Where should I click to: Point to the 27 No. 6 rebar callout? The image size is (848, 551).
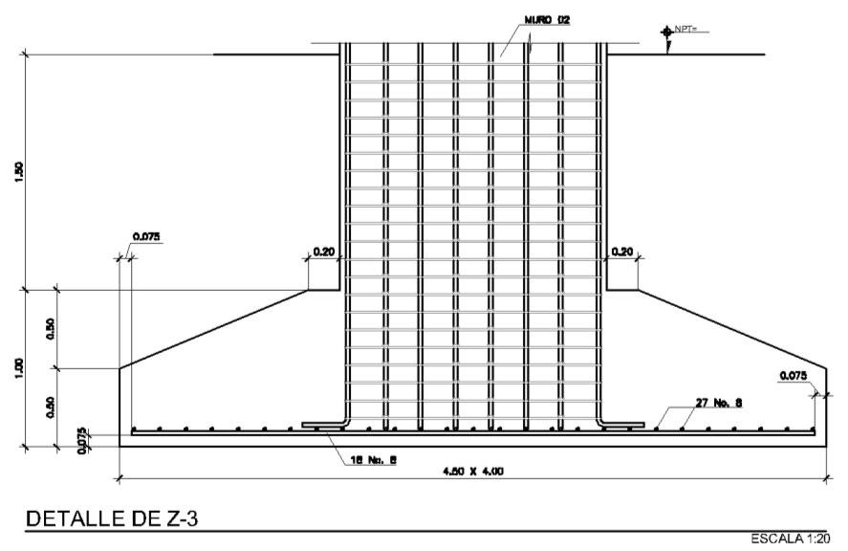714,403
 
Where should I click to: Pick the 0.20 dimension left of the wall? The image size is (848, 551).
322,253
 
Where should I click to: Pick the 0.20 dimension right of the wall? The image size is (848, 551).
622,253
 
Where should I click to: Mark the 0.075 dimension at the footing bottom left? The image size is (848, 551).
83,435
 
